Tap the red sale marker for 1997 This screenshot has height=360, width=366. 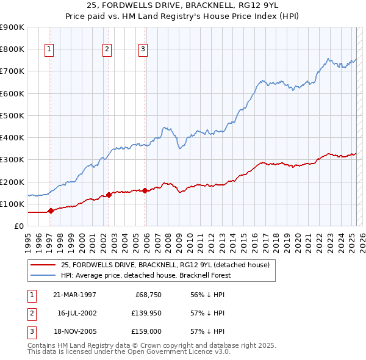51,211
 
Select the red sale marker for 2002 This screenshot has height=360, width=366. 109,195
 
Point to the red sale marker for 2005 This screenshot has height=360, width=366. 145,190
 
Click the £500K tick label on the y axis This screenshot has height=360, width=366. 12,115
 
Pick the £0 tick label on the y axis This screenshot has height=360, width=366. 18,226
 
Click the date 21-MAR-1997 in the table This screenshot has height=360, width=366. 74,295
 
